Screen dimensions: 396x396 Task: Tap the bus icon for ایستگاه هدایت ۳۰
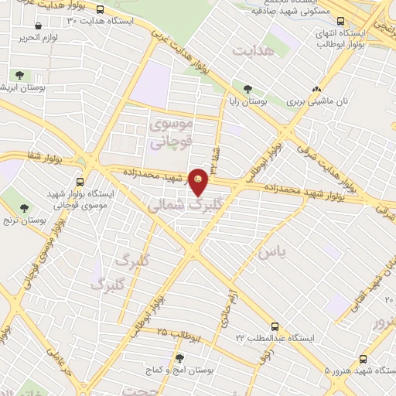tap(102, 10)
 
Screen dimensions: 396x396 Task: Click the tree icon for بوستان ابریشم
tap(19, 76)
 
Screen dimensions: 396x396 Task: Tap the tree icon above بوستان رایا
tap(247, 88)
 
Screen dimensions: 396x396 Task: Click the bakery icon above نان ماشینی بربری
tap(316, 88)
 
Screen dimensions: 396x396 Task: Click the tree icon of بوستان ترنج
tap(24, 208)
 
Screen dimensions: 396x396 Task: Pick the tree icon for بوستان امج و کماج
tap(179, 358)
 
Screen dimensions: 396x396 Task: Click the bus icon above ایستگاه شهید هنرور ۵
tap(362, 358)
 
